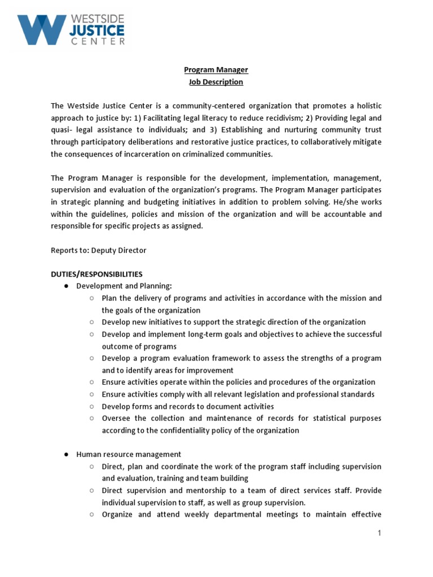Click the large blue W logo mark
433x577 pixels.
40,29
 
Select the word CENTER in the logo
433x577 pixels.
96,41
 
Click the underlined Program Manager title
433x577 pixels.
216,70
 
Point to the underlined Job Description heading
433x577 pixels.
216,82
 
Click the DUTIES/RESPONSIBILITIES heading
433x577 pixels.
96,274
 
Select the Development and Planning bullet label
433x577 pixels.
123,286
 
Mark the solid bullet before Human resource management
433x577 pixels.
66,454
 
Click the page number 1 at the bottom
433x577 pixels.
379,532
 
